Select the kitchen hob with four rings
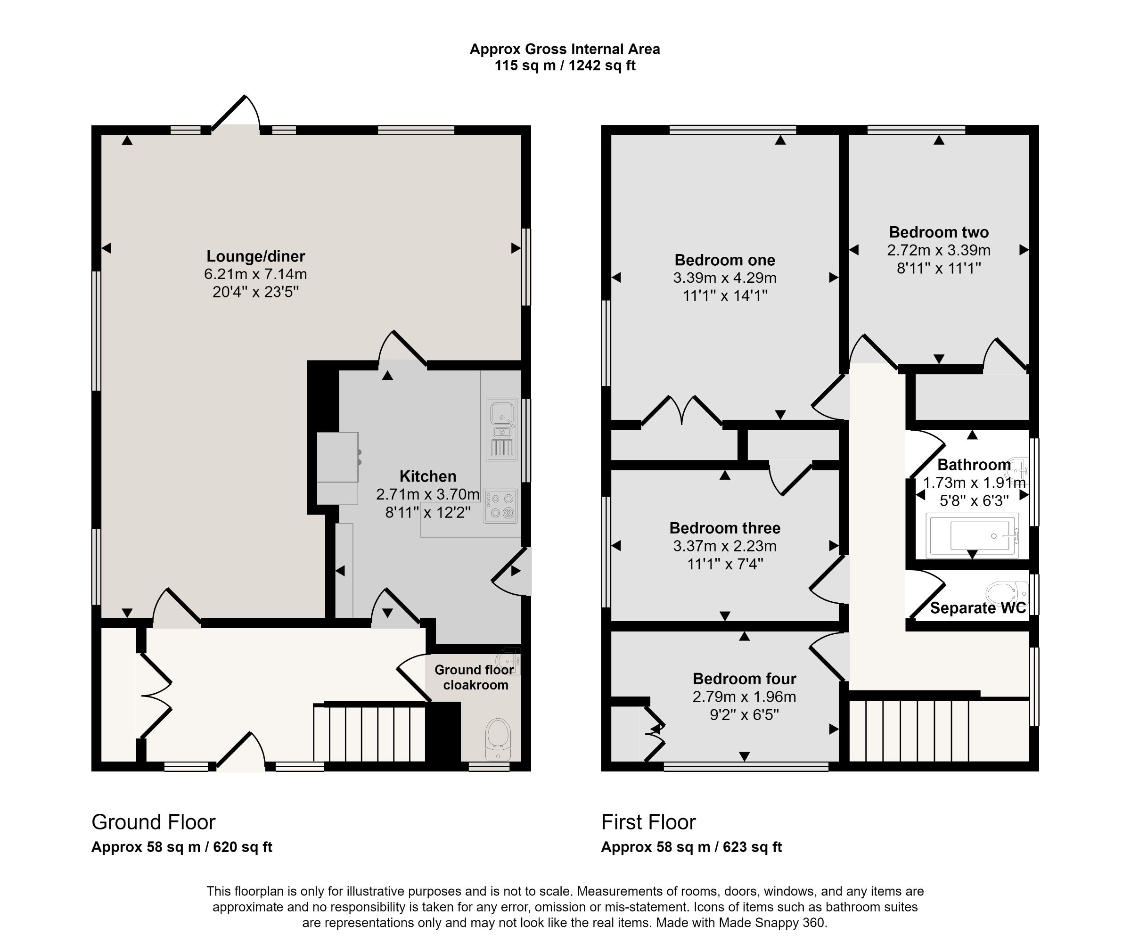point(501,506)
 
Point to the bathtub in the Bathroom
point(972,536)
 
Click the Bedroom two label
point(939,232)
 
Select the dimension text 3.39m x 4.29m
point(724,278)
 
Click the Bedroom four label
point(744,678)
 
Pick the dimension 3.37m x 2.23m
point(724,546)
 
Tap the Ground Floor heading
point(154,822)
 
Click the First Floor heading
point(648,822)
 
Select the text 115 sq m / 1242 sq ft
point(565,66)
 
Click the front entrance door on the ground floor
point(241,754)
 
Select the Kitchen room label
point(427,476)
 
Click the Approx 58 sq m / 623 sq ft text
point(691,847)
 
